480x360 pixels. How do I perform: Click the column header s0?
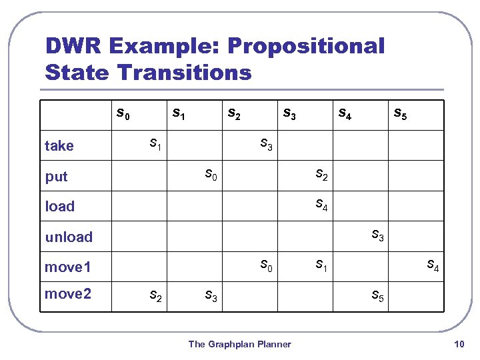click(123, 114)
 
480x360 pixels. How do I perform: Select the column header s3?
click(290, 114)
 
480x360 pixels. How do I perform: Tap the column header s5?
click(400, 114)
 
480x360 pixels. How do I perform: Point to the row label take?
click(59, 146)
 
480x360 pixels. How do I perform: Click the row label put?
click(57, 177)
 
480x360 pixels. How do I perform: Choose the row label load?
click(60, 207)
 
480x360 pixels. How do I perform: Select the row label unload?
click(69, 237)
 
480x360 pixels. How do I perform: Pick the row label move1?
click(67, 267)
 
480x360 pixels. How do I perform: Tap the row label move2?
click(67, 293)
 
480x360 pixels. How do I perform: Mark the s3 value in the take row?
click(266, 144)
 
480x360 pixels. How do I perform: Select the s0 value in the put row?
click(211, 175)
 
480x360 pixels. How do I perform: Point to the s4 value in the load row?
click(321, 205)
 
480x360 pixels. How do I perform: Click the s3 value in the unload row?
click(377, 235)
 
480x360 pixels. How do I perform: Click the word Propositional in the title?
click(306, 46)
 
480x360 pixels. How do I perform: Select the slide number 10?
click(458, 344)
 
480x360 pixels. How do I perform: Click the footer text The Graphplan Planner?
click(239, 344)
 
